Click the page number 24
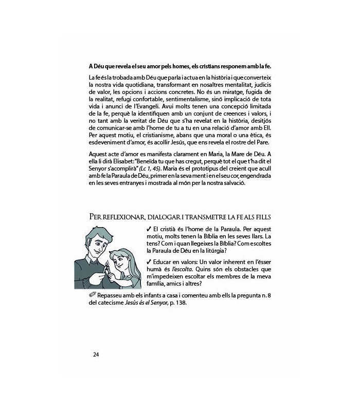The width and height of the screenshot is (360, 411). (x=96, y=354)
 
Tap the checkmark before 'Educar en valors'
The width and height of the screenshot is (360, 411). (x=149, y=261)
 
